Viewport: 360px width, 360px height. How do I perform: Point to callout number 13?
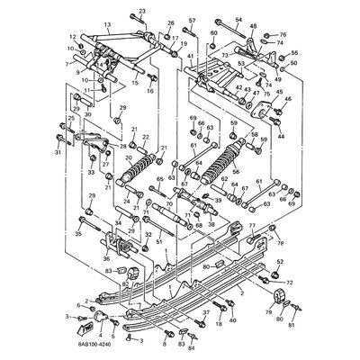(107, 27)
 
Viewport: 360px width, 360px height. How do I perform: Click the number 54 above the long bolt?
(238, 18)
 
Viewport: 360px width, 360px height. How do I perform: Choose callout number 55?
(294, 54)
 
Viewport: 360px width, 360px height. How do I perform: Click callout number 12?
(71, 37)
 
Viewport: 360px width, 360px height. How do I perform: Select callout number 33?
(91, 172)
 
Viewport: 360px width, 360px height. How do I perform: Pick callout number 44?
(281, 136)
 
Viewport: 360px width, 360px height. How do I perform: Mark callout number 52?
(280, 261)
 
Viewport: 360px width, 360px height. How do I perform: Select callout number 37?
(205, 311)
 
